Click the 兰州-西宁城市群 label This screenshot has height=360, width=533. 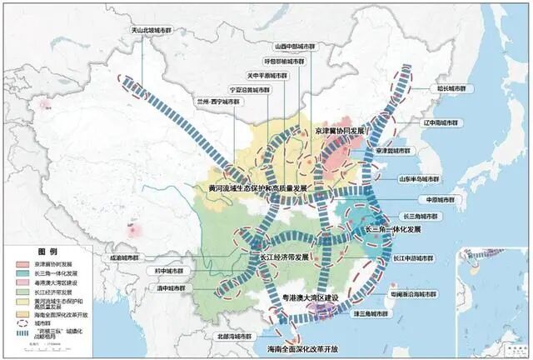[x=220, y=101]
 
